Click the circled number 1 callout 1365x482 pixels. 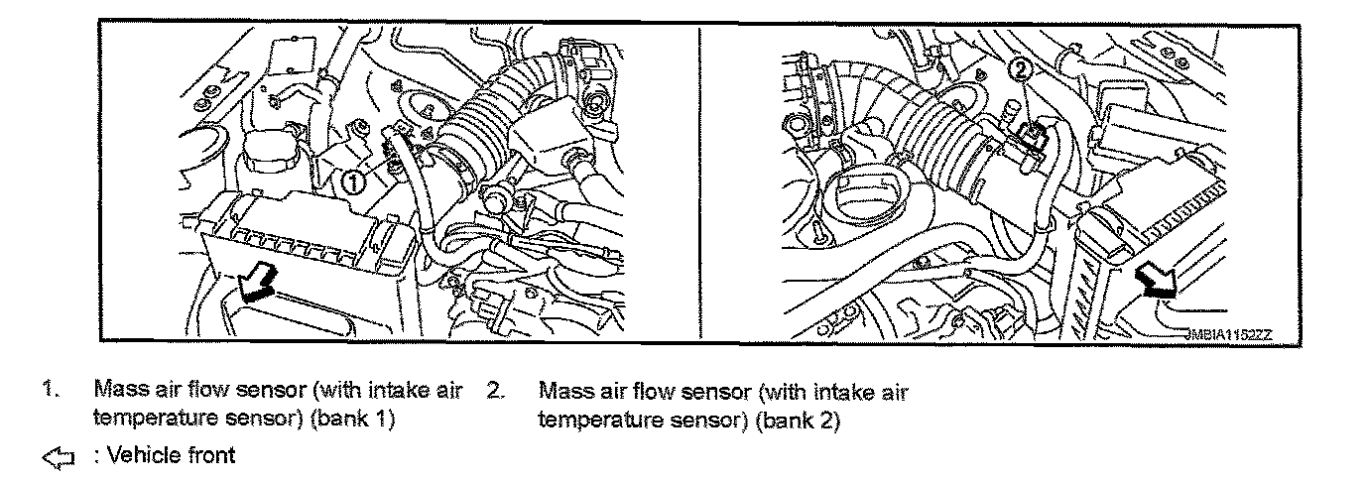coord(351,181)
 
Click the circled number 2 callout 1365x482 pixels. coord(1020,69)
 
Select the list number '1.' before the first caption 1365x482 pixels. coord(48,390)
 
